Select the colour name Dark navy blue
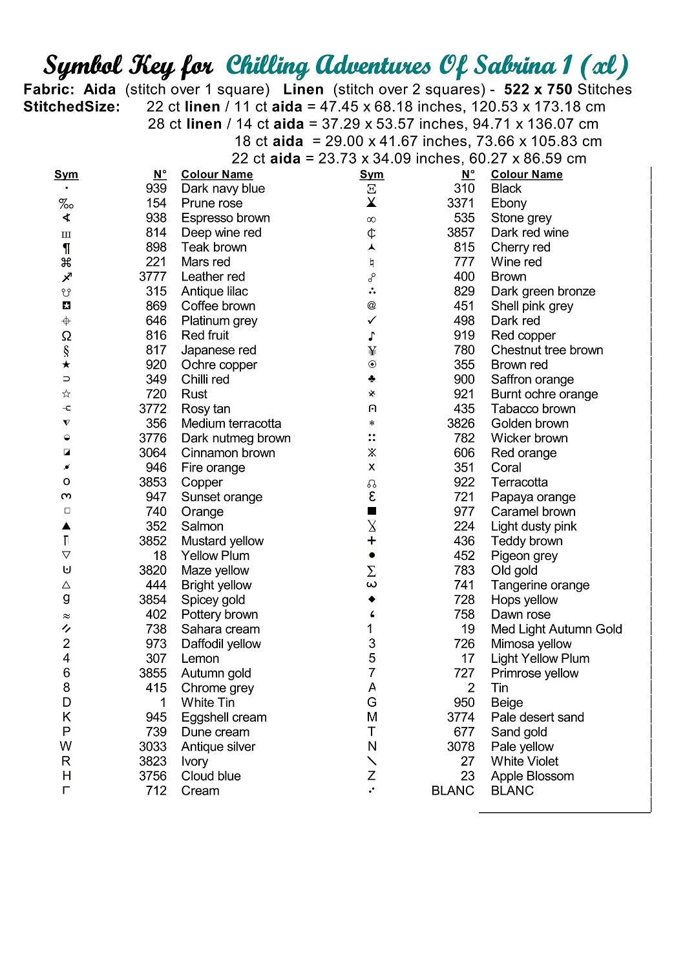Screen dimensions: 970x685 (223, 189)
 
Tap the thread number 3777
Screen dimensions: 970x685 (153, 277)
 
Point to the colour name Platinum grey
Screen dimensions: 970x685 (219, 321)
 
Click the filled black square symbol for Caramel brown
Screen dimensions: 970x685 (372, 512)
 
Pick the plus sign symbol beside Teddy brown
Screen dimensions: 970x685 (372, 541)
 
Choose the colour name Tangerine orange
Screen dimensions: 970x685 (540, 585)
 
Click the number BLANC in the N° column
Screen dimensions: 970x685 (452, 791)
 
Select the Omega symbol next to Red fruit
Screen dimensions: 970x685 (66, 336)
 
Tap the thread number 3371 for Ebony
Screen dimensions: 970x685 (460, 203)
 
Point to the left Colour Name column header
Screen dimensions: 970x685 (217, 175)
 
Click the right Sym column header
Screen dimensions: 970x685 (372, 175)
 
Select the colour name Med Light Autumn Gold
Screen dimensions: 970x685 (556, 629)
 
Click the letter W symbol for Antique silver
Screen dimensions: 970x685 (66, 746)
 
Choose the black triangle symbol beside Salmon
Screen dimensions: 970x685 (66, 526)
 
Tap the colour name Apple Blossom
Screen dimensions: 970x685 (532, 776)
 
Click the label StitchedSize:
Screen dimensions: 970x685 (72, 107)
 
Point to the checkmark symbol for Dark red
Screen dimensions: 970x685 (372, 321)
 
